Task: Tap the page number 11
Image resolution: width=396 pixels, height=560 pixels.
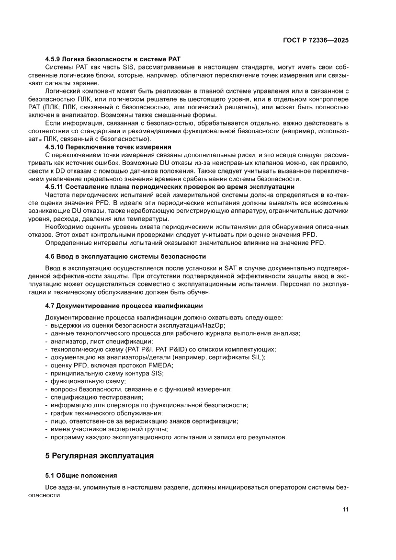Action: (x=345, y=509)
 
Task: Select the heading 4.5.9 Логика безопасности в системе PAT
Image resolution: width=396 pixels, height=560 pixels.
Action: (x=113, y=58)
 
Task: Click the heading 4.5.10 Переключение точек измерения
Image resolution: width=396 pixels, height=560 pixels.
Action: (x=108, y=146)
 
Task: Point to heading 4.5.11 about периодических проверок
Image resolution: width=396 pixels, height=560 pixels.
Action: (x=170, y=186)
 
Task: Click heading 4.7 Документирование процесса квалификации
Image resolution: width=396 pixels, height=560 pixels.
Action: (x=124, y=306)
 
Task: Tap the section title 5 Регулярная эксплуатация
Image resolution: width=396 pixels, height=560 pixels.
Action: (x=99, y=456)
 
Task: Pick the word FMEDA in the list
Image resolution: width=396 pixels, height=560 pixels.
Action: (x=160, y=365)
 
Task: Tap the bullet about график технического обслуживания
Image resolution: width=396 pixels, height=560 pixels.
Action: (x=106, y=413)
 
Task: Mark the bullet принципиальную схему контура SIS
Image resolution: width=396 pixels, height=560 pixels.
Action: (x=107, y=373)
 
